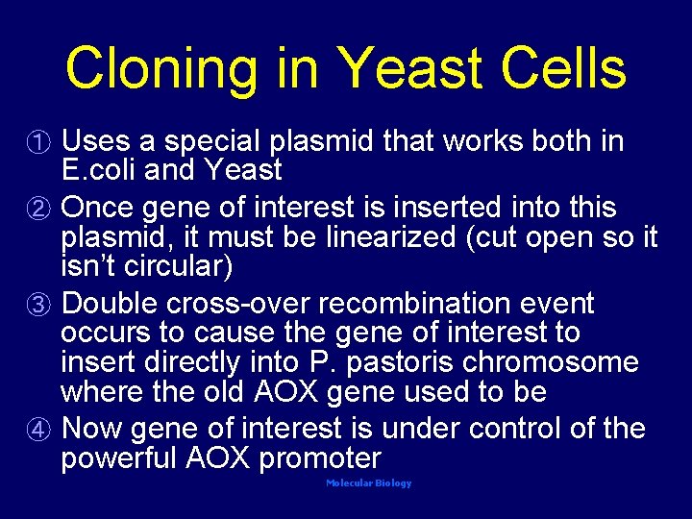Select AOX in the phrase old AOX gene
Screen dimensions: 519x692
point(286,392)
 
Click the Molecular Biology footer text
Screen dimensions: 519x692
point(368,483)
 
